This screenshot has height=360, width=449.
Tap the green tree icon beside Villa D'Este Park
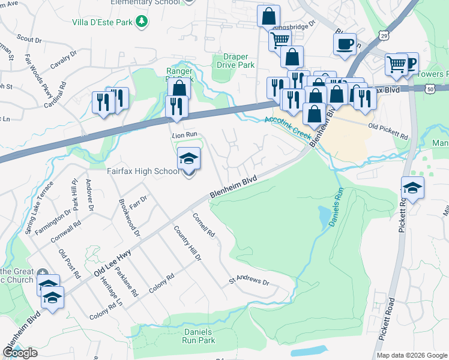point(142,22)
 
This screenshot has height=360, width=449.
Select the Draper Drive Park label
point(235,61)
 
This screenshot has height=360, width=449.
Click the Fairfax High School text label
point(143,172)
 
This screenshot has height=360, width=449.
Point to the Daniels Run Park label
point(198,336)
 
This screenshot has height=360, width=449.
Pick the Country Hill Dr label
point(187,243)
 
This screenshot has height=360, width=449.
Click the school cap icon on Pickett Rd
point(412,188)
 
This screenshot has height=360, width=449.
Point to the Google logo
point(20,353)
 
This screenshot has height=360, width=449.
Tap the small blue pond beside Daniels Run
point(325,214)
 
